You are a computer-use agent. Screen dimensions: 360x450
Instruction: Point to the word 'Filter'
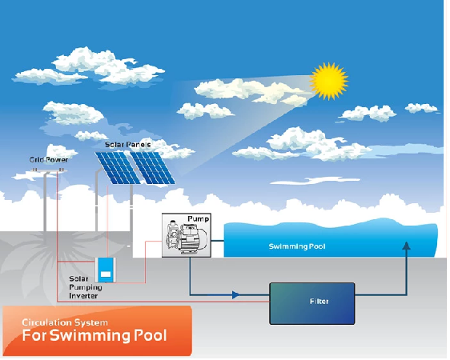319,302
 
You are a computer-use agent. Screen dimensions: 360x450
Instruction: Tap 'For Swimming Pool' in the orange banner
94,335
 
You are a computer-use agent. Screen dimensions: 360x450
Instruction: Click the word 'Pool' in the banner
150,335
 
